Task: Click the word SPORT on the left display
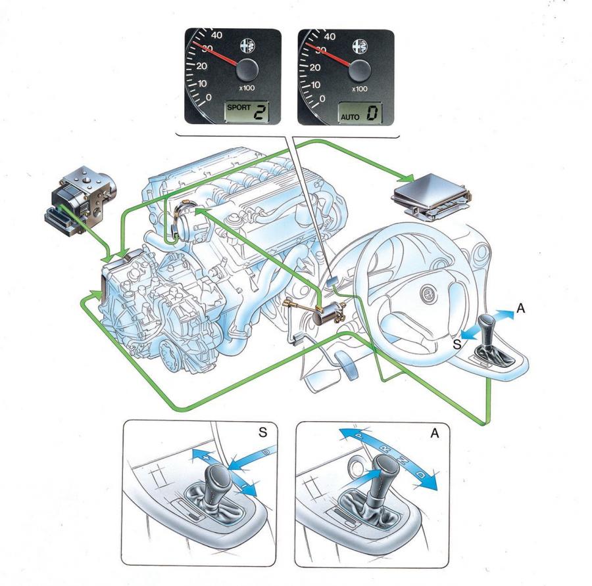(x=239, y=108)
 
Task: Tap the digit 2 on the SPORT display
(x=259, y=112)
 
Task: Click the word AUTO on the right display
(x=350, y=117)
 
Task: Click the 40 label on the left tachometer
(x=216, y=35)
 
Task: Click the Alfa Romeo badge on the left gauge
(x=248, y=45)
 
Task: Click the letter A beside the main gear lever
(x=521, y=309)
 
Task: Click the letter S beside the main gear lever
(x=457, y=344)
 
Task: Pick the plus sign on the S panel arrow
(x=206, y=457)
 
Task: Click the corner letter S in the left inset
(x=262, y=432)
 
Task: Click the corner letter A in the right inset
(x=435, y=434)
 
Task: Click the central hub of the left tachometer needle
(x=247, y=70)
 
